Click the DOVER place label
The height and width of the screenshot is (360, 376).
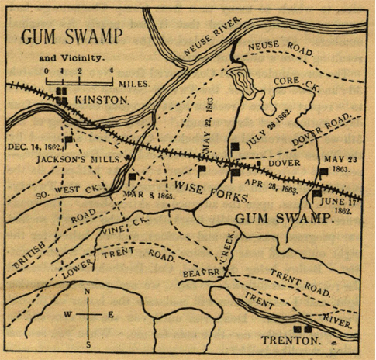click(x=284, y=164)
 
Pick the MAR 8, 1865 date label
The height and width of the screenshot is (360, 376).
click(x=147, y=195)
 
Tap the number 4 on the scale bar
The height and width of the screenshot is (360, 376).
click(x=112, y=71)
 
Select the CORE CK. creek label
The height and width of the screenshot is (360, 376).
click(x=291, y=81)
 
